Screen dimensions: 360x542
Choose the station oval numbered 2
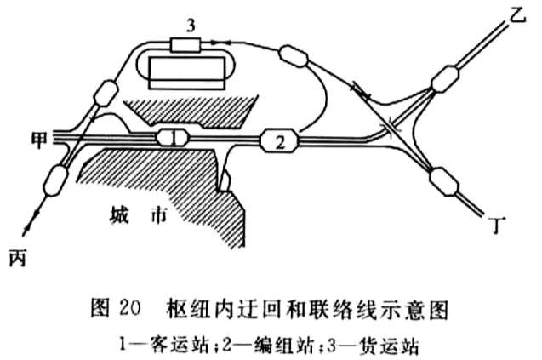point(280,140)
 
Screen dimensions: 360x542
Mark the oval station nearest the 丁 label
point(444,181)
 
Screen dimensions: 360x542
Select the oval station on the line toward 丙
point(56,180)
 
